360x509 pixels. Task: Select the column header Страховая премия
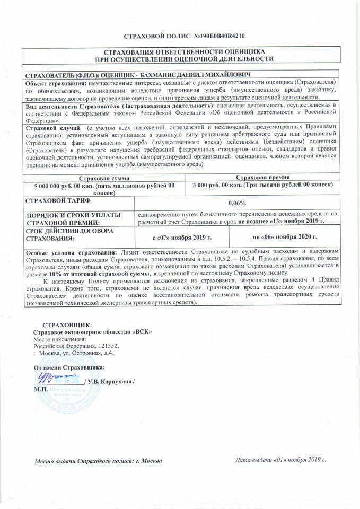263,177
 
